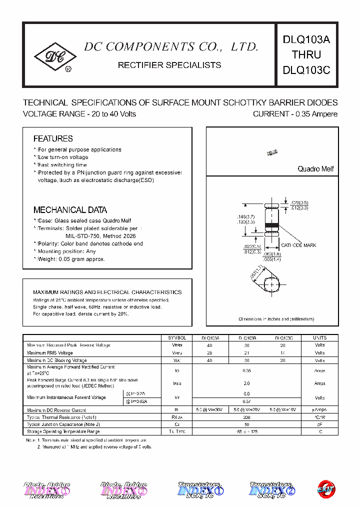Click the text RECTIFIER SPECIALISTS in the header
coord(169,65)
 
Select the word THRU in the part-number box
coord(306,55)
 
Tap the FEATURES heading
coord(53,138)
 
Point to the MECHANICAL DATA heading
coord(70,210)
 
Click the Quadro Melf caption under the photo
coord(315,169)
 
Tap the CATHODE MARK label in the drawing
coord(298,245)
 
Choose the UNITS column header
coord(320,338)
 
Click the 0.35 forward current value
coord(246,370)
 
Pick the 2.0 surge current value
coord(246,383)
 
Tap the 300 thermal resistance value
coord(246,417)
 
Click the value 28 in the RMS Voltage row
coord(209,352)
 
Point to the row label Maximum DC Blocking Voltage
coord(57,360)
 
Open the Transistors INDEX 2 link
coord(270,490)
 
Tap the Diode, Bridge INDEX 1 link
coord(47,490)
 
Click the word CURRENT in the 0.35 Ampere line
coord(270,114)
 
